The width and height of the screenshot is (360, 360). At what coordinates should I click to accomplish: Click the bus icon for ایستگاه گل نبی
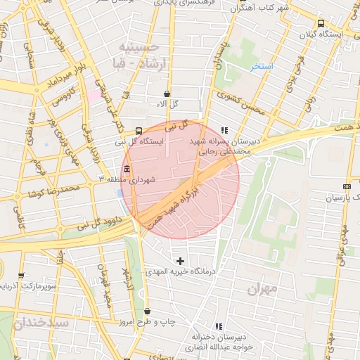[x=138, y=130]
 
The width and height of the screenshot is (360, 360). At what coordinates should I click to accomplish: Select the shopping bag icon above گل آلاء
[x=166, y=94]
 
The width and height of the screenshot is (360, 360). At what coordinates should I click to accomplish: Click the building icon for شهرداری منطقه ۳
[x=127, y=169]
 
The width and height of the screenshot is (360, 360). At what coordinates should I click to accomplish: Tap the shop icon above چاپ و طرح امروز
[x=147, y=311]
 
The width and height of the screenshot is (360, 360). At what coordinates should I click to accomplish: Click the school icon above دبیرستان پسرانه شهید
[x=224, y=130]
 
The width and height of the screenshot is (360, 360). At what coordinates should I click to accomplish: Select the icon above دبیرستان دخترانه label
[x=219, y=326]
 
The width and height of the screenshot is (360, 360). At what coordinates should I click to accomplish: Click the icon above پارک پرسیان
[x=346, y=186]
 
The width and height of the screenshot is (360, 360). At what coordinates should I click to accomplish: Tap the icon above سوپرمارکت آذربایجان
[x=20, y=276]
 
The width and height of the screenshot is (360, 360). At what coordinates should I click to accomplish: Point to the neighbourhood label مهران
[x=262, y=289]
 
